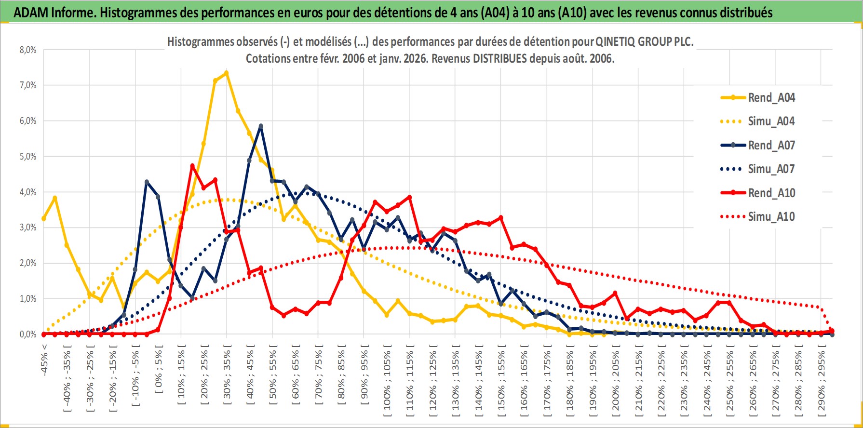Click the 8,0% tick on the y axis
pyautogui.click(x=28, y=50)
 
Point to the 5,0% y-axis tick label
pyautogui.click(x=28, y=157)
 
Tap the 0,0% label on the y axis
pyautogui.click(x=28, y=334)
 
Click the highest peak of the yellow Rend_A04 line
pyautogui.click(x=226, y=73)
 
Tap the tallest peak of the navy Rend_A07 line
pyautogui.click(x=261, y=126)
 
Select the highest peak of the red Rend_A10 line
pyautogui.click(x=192, y=166)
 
